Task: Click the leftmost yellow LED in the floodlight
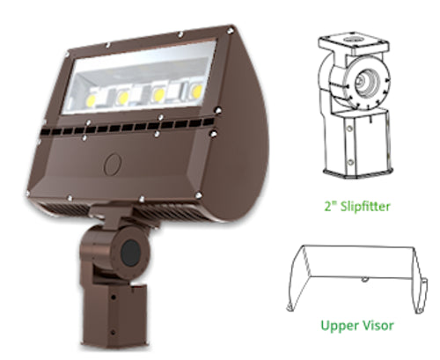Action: [92, 100]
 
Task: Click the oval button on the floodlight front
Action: [113, 164]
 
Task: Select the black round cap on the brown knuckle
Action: [130, 253]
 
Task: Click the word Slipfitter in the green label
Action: [365, 206]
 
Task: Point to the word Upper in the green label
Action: [336, 326]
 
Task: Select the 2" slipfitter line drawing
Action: [356, 107]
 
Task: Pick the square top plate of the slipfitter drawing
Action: [354, 45]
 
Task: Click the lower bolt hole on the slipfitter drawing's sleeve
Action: [349, 162]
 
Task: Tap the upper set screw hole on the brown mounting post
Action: [114, 298]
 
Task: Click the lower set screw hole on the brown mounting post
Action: [113, 333]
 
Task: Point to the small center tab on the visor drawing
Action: [364, 279]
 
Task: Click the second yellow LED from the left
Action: [123, 97]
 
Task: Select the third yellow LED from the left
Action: [159, 94]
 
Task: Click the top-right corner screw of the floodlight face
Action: [231, 30]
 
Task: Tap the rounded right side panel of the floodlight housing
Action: [244, 126]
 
